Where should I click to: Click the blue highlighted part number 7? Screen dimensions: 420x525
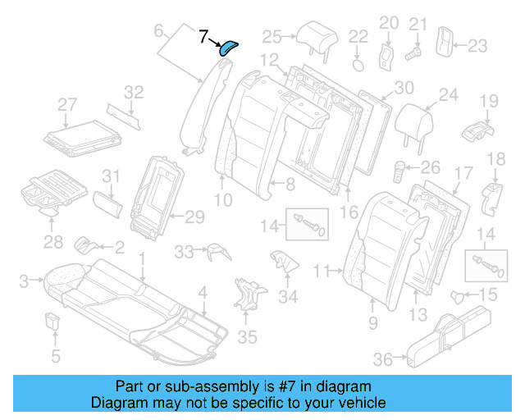[x=227, y=48]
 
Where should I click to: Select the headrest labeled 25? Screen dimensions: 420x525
[x=313, y=36]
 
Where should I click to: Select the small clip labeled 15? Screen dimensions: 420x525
[x=459, y=295]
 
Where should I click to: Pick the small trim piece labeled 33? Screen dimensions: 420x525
[x=216, y=249]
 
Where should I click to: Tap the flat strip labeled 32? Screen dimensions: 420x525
[x=123, y=117]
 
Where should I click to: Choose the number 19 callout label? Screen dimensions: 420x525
[x=489, y=100]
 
